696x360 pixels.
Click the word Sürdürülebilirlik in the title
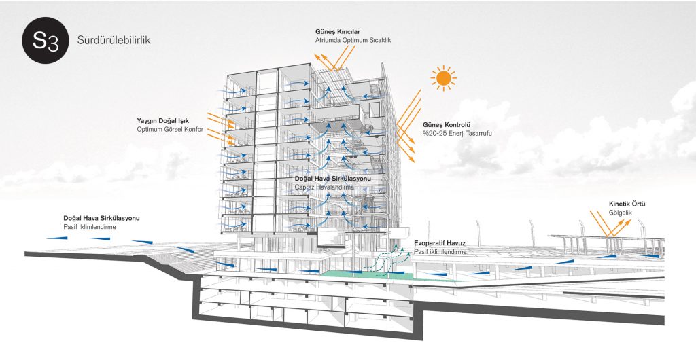pyautogui.click(x=114, y=40)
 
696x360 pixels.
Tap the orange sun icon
pyautogui.click(x=444, y=78)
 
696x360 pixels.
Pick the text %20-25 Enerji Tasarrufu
pyautogui.click(x=457, y=134)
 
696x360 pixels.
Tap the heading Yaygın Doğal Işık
pyautogui.click(x=162, y=121)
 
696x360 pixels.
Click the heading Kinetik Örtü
pyautogui.click(x=627, y=203)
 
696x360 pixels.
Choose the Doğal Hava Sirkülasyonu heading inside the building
pyautogui.click(x=333, y=178)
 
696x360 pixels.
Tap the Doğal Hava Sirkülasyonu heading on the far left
pyautogui.click(x=101, y=218)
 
